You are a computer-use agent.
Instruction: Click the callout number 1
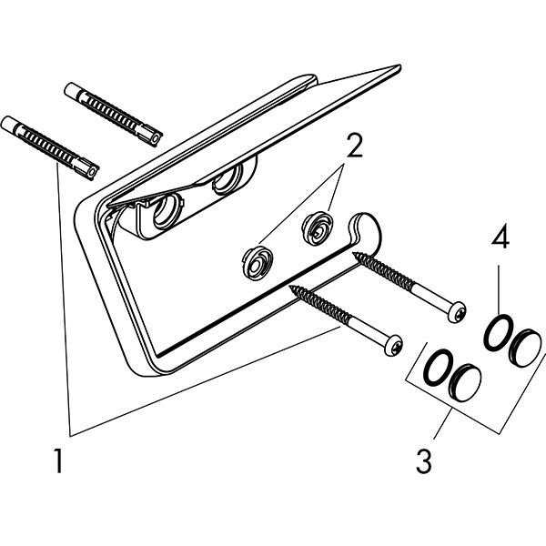click(x=59, y=460)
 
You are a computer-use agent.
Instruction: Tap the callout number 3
click(x=424, y=460)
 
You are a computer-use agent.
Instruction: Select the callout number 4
click(x=500, y=237)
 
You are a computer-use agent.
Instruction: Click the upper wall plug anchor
click(x=114, y=115)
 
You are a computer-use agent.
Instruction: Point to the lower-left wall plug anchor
click(x=50, y=148)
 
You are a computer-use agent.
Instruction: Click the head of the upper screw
click(x=457, y=312)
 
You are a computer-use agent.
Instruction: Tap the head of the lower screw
click(x=393, y=346)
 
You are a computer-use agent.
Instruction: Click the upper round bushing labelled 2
click(x=318, y=229)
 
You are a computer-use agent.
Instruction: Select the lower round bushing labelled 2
click(x=258, y=263)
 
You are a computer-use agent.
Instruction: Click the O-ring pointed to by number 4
click(x=499, y=332)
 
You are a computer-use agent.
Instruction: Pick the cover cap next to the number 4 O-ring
click(x=526, y=348)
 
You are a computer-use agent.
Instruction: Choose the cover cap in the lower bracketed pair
click(x=465, y=381)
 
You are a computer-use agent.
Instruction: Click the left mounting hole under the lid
click(x=167, y=212)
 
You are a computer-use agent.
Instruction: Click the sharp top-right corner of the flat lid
click(x=399, y=66)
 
